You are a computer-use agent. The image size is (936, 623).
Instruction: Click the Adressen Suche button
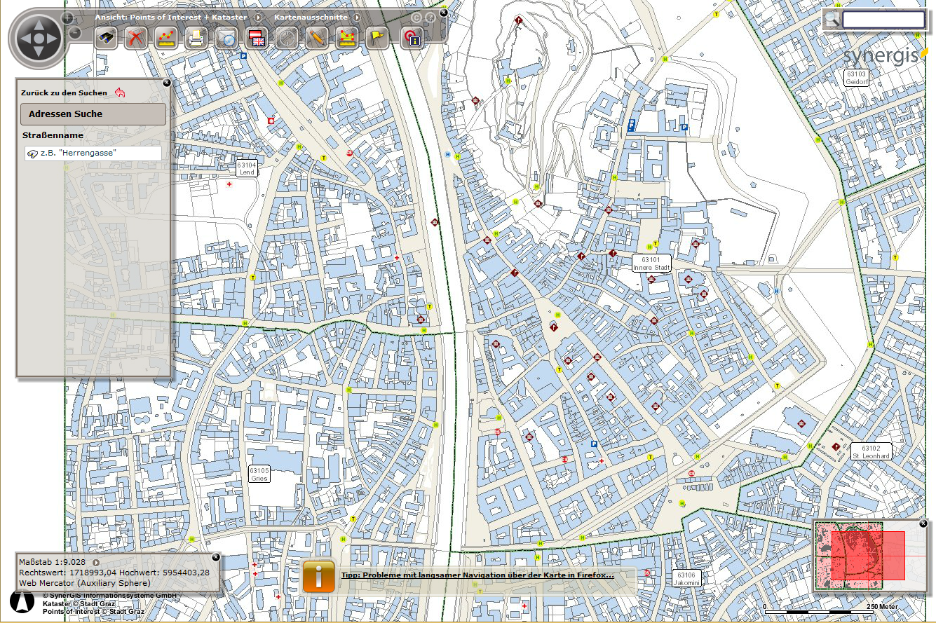(93, 114)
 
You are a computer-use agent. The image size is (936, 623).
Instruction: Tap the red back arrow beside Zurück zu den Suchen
(120, 93)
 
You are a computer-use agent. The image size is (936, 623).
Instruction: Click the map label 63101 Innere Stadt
(651, 263)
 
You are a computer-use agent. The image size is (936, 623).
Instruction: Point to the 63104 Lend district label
(247, 169)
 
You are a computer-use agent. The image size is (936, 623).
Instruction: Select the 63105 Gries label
(259, 474)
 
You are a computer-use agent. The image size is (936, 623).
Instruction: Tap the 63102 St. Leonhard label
(871, 451)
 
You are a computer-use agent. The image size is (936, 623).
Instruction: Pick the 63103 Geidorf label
(856, 78)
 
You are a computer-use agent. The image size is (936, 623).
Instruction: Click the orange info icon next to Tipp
(319, 576)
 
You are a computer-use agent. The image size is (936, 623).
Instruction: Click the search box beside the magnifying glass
(883, 20)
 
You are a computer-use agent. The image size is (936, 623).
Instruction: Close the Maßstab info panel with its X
(216, 557)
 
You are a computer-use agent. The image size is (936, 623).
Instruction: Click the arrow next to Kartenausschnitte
(356, 17)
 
